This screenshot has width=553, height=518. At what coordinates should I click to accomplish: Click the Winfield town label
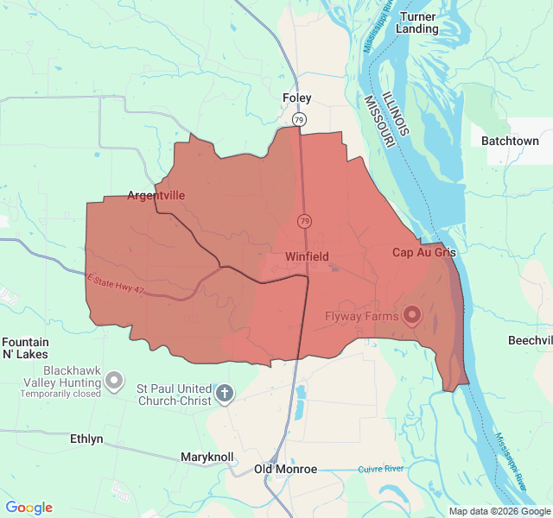(x=307, y=256)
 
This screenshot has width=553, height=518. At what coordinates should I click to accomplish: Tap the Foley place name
(x=297, y=98)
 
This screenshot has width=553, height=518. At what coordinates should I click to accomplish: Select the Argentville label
(x=156, y=195)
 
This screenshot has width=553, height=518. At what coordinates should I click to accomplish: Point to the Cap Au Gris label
(x=423, y=252)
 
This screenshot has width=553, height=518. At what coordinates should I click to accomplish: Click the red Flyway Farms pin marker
(x=411, y=315)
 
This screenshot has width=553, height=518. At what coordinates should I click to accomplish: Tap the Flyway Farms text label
(x=361, y=316)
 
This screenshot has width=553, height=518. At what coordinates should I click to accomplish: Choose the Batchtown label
(x=510, y=141)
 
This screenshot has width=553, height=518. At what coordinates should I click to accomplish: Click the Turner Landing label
(x=416, y=22)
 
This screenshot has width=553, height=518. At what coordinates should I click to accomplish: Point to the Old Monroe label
(x=285, y=469)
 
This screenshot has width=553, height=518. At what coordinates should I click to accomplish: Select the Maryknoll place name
(x=207, y=456)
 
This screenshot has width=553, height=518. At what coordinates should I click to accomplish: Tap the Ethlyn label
(x=86, y=439)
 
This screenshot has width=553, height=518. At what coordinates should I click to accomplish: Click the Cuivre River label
(x=381, y=469)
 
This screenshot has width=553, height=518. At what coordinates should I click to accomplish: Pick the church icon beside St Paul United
(x=224, y=395)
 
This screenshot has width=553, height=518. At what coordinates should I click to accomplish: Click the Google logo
(x=29, y=508)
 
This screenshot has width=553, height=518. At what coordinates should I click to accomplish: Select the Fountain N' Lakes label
(x=26, y=348)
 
